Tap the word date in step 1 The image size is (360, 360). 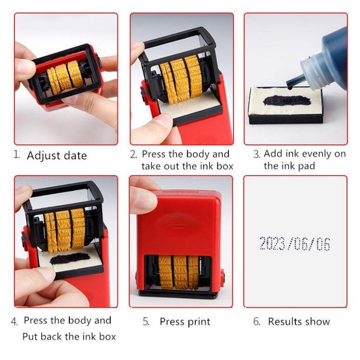tap(75, 155)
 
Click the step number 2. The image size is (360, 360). tap(133, 154)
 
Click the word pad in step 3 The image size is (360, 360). tap(306, 166)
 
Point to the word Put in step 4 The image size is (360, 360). tap(30, 337)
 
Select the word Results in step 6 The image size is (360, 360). tap(283, 321)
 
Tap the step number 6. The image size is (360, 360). tap(256, 321)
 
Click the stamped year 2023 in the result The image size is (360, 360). tap(273, 243)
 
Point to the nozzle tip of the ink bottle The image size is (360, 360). tap(290, 87)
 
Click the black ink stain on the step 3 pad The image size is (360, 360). tap(287, 100)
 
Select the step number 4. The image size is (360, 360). tap(14, 321)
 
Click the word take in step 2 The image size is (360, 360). tap(151, 166)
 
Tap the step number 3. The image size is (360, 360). tap(256, 154)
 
